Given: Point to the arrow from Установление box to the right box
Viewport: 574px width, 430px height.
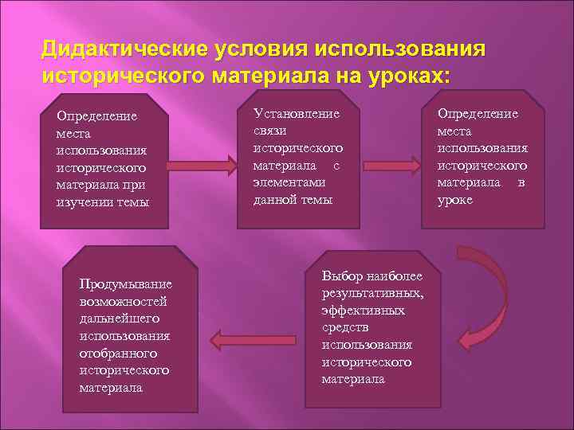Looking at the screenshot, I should (x=391, y=166).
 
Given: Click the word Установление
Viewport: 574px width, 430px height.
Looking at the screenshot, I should (x=296, y=114).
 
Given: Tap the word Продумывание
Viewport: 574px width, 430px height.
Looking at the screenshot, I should (x=125, y=284).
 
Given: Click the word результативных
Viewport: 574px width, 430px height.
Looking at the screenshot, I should (x=373, y=293).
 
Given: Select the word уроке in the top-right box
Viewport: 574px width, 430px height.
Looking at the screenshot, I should (x=455, y=200).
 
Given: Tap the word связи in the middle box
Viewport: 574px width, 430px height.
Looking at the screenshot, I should (x=269, y=131).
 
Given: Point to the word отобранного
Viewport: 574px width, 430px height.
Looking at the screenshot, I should (x=118, y=353).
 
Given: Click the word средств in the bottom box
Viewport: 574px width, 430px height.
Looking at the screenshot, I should (x=345, y=327).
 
